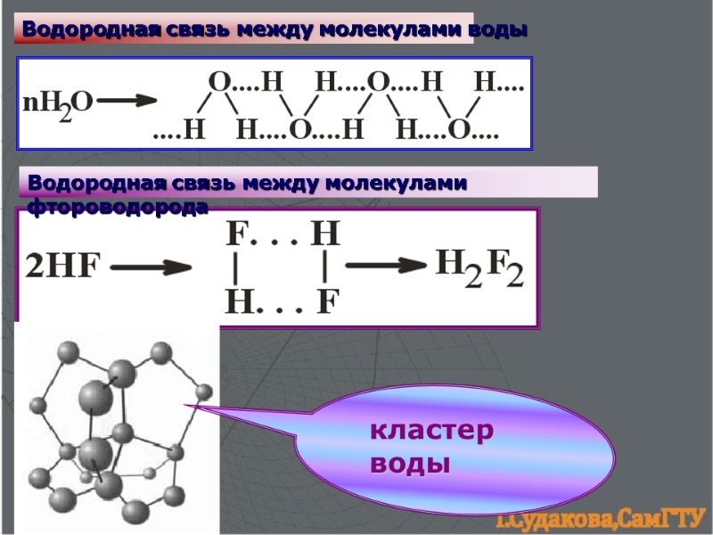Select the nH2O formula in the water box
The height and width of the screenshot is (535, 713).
pos(56,103)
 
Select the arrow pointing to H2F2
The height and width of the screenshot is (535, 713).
pos(386,264)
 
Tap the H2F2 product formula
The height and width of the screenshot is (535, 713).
pos(479,267)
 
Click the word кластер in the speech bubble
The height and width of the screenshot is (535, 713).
pos(431,432)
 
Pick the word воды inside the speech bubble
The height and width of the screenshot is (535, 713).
pos(410,465)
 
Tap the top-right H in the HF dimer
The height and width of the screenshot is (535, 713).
pos(325,235)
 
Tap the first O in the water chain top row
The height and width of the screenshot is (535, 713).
pos(219,83)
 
